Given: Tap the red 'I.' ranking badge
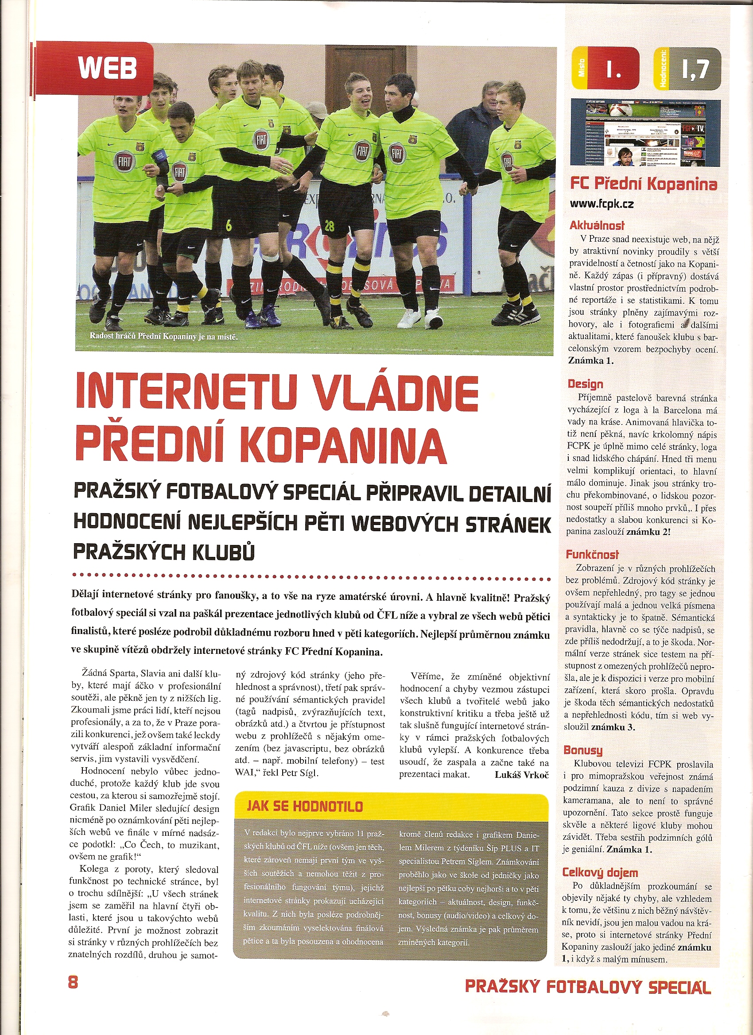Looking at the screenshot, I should click(613, 69).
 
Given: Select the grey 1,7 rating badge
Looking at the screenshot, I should click(695, 69).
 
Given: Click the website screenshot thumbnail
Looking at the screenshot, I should click(645, 132).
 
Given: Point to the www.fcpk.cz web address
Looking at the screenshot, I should click(602, 204).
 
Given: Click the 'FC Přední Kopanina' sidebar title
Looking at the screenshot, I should click(643, 184).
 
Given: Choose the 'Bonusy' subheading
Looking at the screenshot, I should click(582, 750).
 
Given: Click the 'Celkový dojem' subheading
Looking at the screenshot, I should click(600, 873).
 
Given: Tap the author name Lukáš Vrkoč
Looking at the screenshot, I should click(521, 774).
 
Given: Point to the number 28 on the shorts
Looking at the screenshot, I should click(329, 225).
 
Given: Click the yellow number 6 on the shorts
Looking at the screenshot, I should click(229, 225).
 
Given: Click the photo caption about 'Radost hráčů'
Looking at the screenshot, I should click(163, 336).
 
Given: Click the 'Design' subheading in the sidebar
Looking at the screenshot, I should click(586, 384).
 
